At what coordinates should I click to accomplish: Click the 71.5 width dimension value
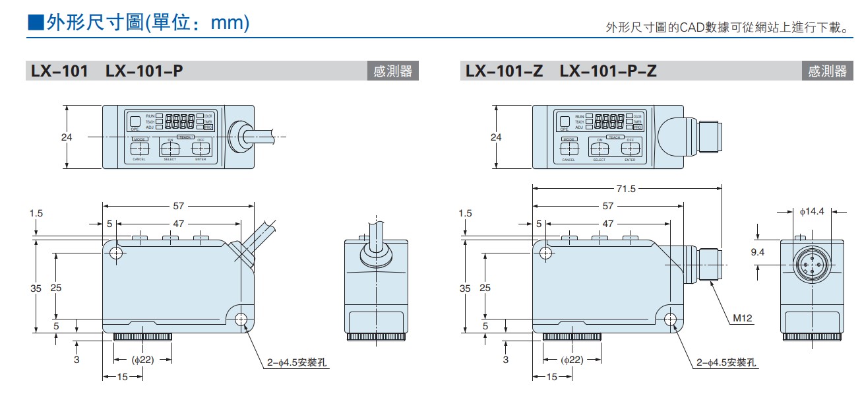pyautogui.click(x=626, y=189)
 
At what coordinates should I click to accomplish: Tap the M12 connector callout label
pyautogui.click(x=743, y=318)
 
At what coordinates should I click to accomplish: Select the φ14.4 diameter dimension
pyautogui.click(x=812, y=212)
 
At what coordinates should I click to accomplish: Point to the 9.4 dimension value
pyautogui.click(x=758, y=251)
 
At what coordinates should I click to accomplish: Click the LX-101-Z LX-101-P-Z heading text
pyautogui.click(x=561, y=71)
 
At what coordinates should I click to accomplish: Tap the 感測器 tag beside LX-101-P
pyautogui.click(x=392, y=71)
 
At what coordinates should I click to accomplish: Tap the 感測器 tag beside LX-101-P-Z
pyautogui.click(x=827, y=71)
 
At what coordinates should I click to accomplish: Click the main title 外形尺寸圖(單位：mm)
pyautogui.click(x=139, y=23)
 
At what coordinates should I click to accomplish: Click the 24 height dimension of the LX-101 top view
pyautogui.click(x=66, y=137)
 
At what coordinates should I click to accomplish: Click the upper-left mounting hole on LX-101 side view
pyautogui.click(x=117, y=253)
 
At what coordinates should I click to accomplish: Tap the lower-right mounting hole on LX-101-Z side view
pyautogui.click(x=671, y=320)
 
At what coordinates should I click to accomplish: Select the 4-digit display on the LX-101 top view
pyautogui.click(x=179, y=121)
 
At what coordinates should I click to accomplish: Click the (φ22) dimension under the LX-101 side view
pyautogui.click(x=142, y=360)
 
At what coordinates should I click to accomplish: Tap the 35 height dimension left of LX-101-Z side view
pyautogui.click(x=466, y=288)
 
